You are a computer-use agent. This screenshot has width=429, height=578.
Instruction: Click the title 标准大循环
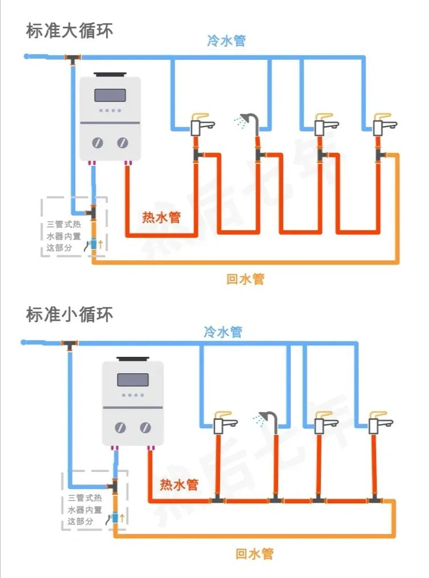[70, 31]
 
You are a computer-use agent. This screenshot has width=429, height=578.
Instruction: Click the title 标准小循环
[70, 314]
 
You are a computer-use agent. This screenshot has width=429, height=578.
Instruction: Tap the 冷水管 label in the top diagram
[226, 41]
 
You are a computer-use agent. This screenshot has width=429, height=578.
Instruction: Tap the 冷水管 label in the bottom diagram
[223, 332]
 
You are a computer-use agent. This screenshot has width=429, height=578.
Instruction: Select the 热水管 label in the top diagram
[161, 217]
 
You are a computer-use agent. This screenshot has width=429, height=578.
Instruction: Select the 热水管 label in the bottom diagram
[179, 485]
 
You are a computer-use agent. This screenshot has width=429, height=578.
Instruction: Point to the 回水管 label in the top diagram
[245, 279]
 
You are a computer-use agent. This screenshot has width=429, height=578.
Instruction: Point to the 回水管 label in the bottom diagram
[255, 553]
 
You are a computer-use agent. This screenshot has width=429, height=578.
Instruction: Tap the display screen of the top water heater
[109, 95]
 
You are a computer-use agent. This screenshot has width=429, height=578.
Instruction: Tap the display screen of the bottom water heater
[133, 380]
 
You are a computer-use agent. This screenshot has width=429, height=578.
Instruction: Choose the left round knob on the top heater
[97, 143]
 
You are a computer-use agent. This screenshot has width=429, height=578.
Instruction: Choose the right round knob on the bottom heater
[146, 426]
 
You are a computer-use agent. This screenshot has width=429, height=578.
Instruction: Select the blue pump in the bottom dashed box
[114, 518]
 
